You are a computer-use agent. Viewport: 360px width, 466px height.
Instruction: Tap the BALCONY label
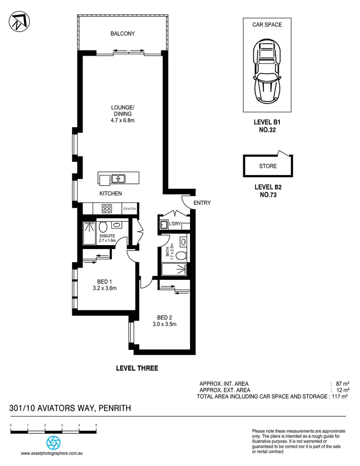tap(122, 34)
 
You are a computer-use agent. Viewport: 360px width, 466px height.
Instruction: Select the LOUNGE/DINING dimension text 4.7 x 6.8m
tap(123, 121)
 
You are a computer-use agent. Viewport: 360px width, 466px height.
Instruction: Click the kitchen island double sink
tap(118, 179)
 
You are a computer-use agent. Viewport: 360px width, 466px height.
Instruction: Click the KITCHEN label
tap(110, 193)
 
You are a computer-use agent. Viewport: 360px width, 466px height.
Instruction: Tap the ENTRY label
tap(202, 203)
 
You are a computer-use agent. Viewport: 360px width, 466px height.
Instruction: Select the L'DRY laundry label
tap(180, 224)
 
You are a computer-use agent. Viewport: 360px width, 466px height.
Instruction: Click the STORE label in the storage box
tap(267, 167)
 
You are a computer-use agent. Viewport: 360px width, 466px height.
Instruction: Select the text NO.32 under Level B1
tap(267, 130)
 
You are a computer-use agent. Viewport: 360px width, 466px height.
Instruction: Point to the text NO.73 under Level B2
tap(267, 195)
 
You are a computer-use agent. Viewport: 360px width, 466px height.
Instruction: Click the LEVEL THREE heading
tap(137, 369)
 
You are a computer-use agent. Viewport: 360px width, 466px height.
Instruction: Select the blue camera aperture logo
tap(53, 442)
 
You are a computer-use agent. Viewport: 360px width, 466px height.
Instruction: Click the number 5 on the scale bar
tap(96, 426)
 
